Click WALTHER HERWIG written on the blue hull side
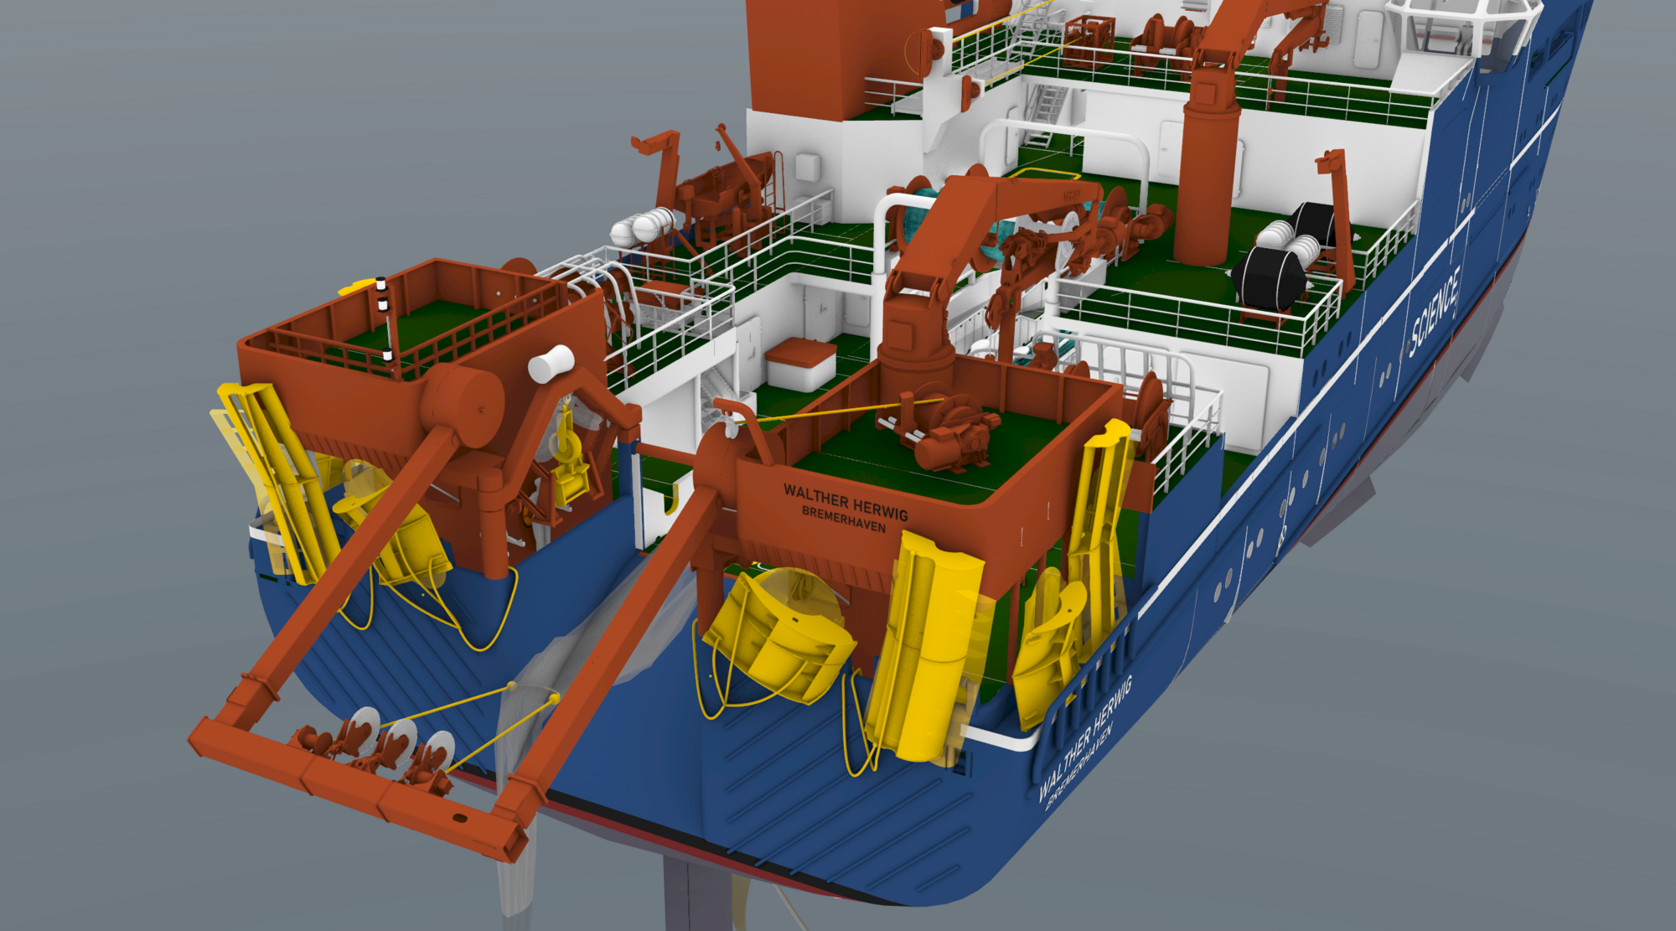tap(1086, 737)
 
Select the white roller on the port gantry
tap(551, 363)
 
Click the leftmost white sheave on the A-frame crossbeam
tap(364, 727)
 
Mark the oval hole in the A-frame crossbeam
tap(460, 818)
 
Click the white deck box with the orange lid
tap(800, 365)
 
